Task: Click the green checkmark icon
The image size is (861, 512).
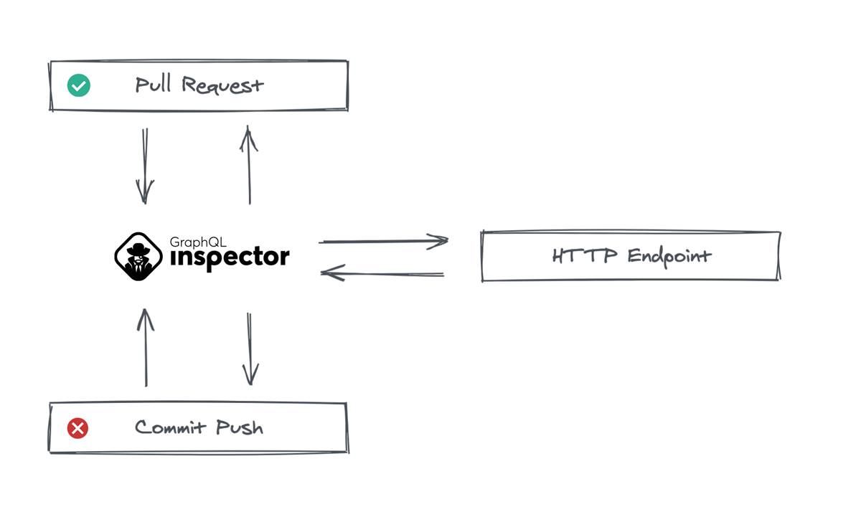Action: pyautogui.click(x=78, y=86)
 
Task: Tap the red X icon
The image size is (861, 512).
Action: pyautogui.click(x=77, y=428)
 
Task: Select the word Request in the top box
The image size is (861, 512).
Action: pyautogui.click(x=222, y=86)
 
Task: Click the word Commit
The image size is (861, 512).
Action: pyautogui.click(x=165, y=428)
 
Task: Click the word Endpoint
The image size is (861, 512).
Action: pyautogui.click(x=669, y=256)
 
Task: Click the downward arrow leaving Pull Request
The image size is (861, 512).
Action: pyautogui.click(x=145, y=166)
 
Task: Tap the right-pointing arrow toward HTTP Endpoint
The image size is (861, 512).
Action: pyautogui.click(x=384, y=242)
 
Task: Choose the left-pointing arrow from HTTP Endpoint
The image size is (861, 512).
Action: pyautogui.click(x=382, y=272)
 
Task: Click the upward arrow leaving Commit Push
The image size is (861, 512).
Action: pyautogui.click(x=146, y=348)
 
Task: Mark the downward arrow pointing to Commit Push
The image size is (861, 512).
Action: pyautogui.click(x=250, y=349)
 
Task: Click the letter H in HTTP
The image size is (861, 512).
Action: pyautogui.click(x=559, y=256)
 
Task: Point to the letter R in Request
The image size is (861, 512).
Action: pyautogui.click(x=189, y=85)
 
